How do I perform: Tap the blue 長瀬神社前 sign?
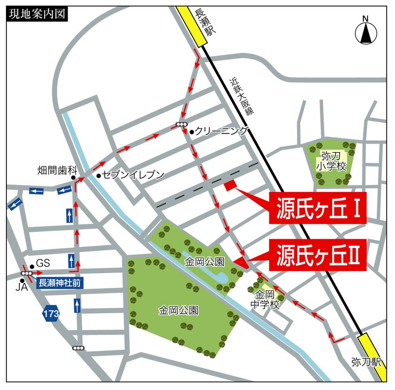tap(60, 283)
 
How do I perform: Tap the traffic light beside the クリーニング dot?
tap(181, 125)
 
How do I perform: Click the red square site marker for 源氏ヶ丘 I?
tap(230, 186)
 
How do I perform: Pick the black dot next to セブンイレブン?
tap(98, 175)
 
